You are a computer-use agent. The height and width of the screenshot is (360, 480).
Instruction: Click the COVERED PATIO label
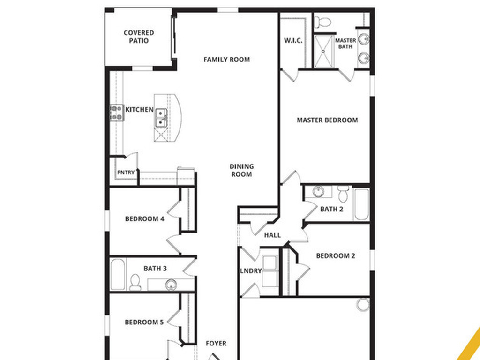tap(139, 37)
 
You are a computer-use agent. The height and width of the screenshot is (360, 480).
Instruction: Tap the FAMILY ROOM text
tap(226, 60)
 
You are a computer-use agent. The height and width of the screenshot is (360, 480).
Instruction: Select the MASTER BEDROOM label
tap(327, 120)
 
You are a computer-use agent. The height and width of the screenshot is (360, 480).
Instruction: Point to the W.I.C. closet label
tap(293, 41)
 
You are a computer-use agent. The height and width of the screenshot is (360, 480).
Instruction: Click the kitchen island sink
tap(161, 117)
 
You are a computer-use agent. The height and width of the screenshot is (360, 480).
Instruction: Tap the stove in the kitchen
tap(116, 113)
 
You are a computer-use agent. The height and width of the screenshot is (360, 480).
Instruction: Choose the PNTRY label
tap(126, 172)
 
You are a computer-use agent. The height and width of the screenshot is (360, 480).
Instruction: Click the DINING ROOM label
tap(241, 170)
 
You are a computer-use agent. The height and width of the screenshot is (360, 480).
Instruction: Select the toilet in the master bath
tap(322, 22)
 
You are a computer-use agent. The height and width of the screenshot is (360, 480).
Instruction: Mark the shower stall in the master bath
tap(323, 51)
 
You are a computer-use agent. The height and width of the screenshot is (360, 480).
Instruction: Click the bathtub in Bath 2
tap(361, 204)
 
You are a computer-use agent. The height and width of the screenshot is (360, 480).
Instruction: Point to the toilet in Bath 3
tap(135, 282)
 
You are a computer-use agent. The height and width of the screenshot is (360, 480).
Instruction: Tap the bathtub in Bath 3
tap(118, 275)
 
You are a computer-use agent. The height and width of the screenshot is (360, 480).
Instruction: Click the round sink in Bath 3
tap(171, 284)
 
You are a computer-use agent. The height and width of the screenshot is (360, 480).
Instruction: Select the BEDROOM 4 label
tap(144, 219)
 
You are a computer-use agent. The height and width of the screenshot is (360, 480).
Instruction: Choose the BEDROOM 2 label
tap(335, 256)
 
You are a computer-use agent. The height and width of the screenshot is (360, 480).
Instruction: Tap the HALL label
tap(272, 235)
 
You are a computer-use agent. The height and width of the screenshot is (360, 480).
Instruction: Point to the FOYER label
tap(216, 344)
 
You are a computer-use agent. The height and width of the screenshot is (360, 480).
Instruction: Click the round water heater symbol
tap(362, 305)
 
